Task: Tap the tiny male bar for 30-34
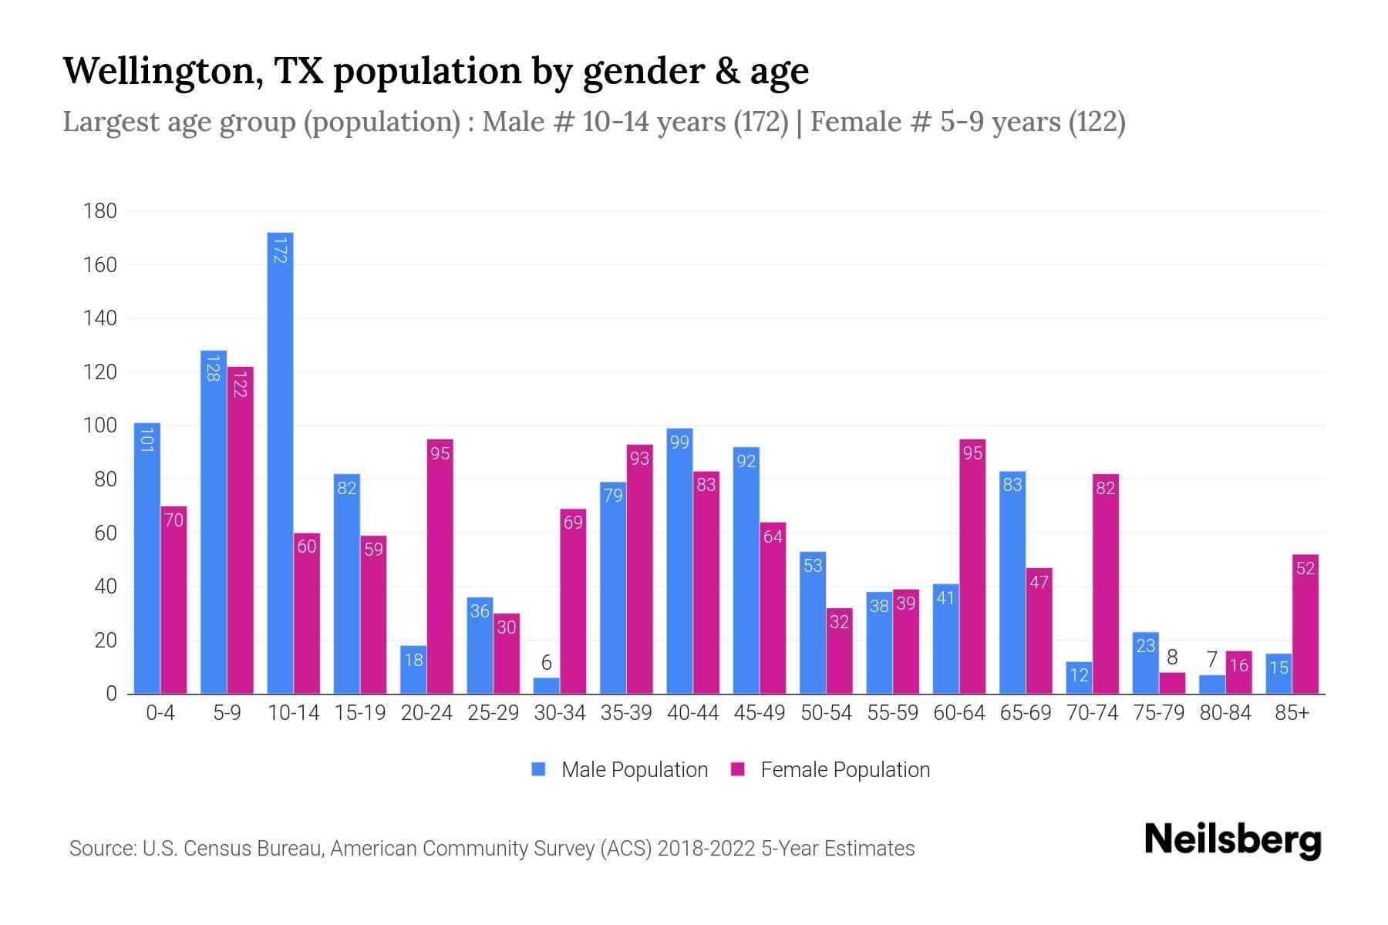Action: [546, 686]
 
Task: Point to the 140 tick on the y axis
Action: [100, 318]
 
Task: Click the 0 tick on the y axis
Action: [111, 694]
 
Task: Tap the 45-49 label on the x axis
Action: [760, 713]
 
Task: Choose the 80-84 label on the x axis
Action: [1225, 713]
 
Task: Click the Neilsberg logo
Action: [1232, 840]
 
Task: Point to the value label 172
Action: [280, 251]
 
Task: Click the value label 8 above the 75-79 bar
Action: [1172, 658]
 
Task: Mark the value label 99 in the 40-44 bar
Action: [679, 442]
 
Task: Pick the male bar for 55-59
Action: [879, 647]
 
